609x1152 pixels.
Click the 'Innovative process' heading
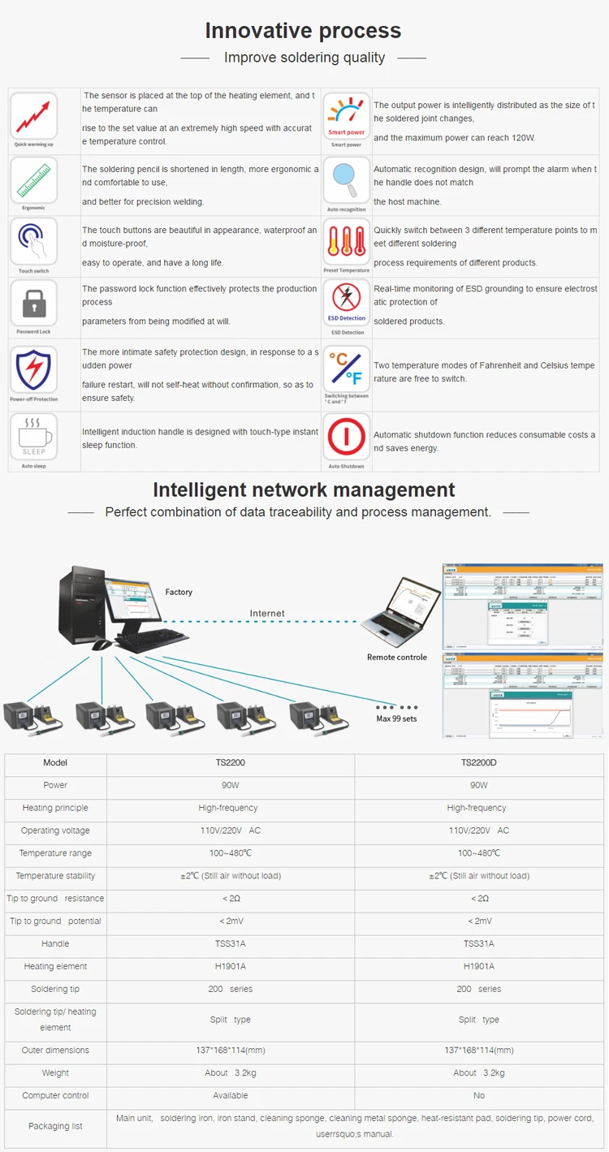(x=303, y=31)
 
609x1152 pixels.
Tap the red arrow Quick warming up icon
(x=34, y=115)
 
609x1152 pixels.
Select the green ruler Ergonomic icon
(x=34, y=179)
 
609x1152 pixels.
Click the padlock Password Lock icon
(x=34, y=304)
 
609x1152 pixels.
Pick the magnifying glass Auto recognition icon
(x=347, y=179)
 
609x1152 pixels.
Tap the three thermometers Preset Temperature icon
(x=347, y=242)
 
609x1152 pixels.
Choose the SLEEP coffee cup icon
(x=34, y=437)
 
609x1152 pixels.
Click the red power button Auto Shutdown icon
(x=347, y=438)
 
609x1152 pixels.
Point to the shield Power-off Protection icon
(x=34, y=369)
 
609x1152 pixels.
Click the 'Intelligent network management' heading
(x=304, y=490)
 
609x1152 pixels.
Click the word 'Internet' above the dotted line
(x=267, y=614)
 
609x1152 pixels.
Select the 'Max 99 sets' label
(x=396, y=718)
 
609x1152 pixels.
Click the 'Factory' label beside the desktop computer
(x=179, y=592)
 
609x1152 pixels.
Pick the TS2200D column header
(x=478, y=763)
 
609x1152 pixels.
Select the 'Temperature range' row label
(x=55, y=853)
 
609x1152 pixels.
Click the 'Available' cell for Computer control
(x=231, y=1096)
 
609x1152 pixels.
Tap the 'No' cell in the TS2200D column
(x=478, y=1096)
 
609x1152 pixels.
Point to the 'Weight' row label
(x=55, y=1073)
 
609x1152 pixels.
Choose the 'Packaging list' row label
(x=55, y=1127)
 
